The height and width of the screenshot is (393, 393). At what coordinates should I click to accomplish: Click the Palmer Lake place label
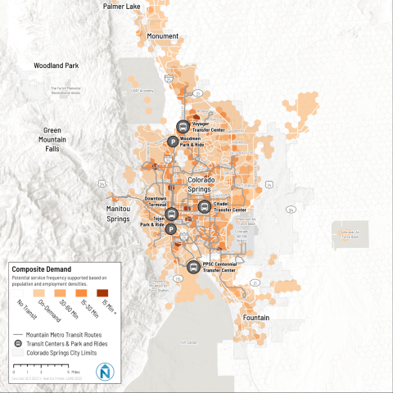(121, 7)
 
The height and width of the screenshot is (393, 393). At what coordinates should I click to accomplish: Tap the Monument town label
(162, 37)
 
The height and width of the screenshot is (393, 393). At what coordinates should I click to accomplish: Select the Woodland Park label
(56, 65)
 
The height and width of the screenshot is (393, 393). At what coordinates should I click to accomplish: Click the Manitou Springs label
(124, 215)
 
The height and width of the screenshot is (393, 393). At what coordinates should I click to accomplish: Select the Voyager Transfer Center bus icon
(182, 126)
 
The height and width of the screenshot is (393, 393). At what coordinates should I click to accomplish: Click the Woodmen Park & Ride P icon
(173, 141)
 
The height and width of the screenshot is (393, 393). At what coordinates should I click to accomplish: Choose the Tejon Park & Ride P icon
(172, 229)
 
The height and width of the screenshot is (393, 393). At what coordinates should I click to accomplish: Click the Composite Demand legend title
(42, 269)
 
